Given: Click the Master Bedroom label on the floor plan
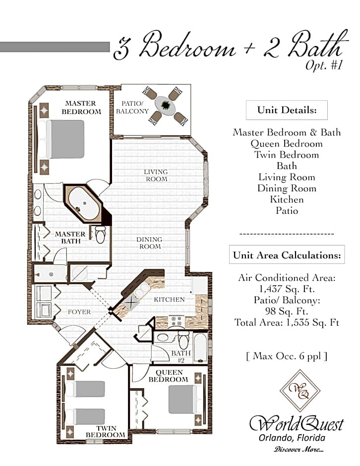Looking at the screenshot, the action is [x=81, y=107].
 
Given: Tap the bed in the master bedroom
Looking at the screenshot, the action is [x=65, y=139].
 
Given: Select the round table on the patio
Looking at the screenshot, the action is [x=165, y=106].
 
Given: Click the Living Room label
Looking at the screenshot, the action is [x=156, y=175].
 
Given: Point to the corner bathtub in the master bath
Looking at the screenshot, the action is [x=84, y=204].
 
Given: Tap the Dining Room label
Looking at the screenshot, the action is [x=150, y=243].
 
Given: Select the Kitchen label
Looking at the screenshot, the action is [x=169, y=299].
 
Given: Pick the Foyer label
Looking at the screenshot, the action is [x=79, y=312].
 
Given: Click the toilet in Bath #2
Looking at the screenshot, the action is [x=183, y=339].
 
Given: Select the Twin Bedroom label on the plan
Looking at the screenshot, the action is [x=106, y=431].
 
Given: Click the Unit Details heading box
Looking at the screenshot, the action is [x=287, y=110].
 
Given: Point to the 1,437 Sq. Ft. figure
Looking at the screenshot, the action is [x=287, y=289].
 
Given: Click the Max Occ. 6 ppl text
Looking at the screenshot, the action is [x=287, y=356].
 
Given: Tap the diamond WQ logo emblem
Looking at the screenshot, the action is [x=300, y=391].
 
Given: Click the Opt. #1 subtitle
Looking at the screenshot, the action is [x=324, y=65].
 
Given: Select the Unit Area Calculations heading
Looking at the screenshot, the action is [x=287, y=255].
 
